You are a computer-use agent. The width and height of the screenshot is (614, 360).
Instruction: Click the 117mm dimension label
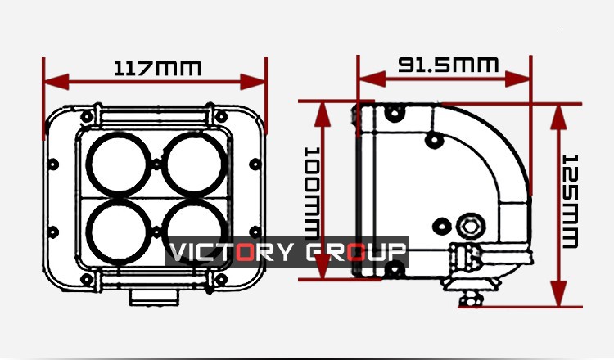point(157,68)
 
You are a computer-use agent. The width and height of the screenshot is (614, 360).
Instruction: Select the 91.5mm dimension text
point(449,65)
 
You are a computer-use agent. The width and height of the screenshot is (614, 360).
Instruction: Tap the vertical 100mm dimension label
point(312,194)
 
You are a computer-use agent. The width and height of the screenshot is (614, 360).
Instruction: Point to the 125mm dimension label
point(570,201)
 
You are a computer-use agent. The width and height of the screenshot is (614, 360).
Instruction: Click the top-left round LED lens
point(119,164)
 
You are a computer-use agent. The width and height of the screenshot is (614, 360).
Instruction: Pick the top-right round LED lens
point(195,164)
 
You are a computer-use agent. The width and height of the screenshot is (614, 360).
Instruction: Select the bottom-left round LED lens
point(119,232)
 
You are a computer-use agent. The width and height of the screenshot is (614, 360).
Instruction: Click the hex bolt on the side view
point(471,226)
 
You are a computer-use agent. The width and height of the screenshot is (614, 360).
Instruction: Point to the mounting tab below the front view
point(154,297)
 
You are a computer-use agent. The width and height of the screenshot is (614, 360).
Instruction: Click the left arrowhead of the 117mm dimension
point(56,82)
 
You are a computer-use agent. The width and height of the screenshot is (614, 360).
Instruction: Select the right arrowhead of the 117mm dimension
point(253,82)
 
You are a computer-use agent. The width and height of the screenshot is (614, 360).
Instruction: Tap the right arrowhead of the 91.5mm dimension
point(517,79)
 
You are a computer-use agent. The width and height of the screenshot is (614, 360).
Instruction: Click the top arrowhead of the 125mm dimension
point(559,117)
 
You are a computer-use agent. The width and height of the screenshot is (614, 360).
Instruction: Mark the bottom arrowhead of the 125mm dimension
point(559,294)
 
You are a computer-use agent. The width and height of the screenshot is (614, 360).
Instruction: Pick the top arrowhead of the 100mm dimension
point(323,115)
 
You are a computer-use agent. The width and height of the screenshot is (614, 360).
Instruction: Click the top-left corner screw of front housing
point(87,116)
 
